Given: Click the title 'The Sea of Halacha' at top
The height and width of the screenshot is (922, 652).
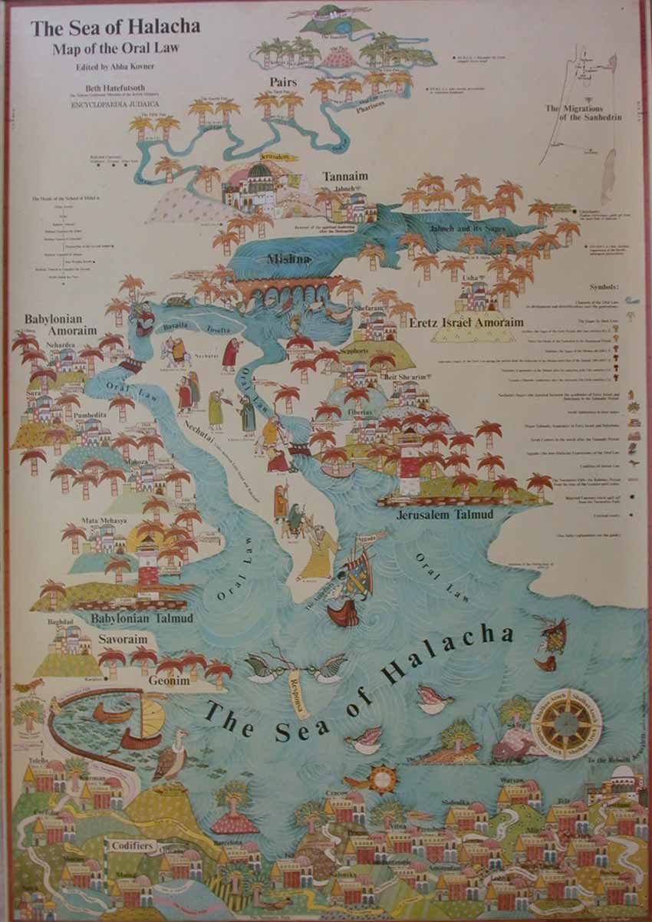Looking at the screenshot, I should (115, 28).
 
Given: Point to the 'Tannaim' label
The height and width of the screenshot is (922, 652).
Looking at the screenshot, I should (345, 176).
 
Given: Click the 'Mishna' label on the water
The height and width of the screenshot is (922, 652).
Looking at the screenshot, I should (288, 259).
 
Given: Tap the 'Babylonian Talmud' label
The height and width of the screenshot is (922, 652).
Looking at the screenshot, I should (142, 617).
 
